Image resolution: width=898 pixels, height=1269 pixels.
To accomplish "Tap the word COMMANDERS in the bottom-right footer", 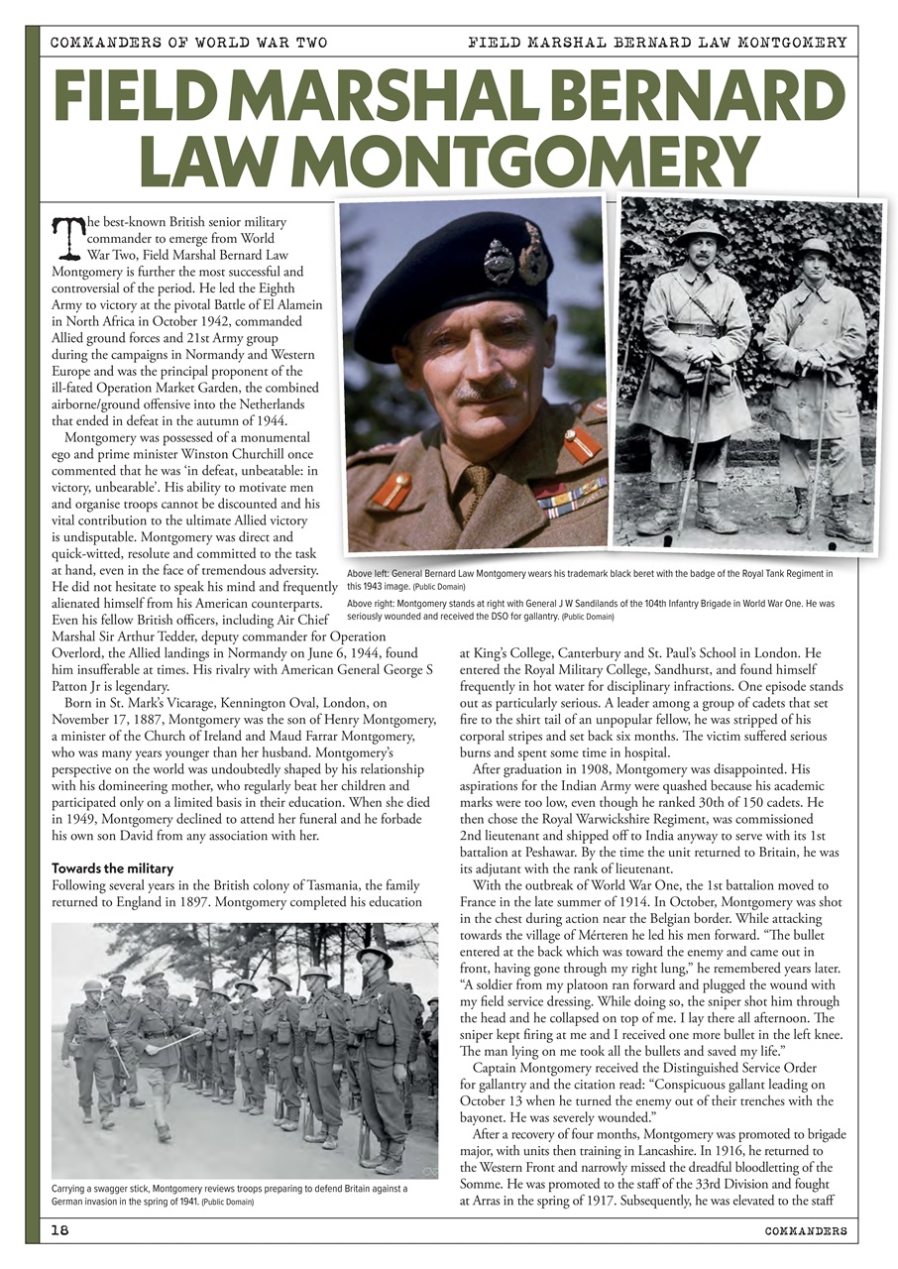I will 805,1231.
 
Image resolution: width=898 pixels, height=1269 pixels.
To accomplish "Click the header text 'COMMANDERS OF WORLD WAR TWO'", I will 188,43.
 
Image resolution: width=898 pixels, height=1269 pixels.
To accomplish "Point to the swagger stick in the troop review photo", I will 179,1039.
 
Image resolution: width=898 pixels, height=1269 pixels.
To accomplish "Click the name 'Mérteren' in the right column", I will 610,948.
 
